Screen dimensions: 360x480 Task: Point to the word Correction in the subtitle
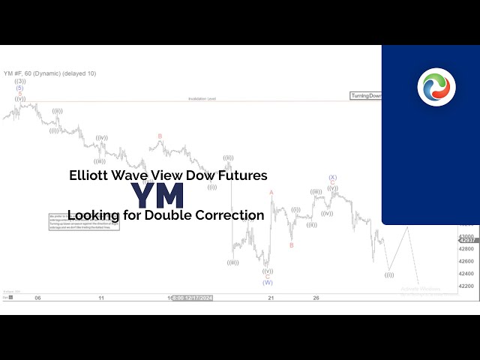point(230,215)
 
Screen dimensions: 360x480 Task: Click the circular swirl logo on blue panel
point(436,86)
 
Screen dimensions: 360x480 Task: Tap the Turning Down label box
point(366,96)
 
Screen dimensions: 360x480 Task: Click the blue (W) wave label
point(267,283)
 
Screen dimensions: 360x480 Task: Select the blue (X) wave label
point(332,178)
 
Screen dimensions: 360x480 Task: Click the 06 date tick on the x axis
point(37,298)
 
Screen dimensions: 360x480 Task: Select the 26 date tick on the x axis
point(316,298)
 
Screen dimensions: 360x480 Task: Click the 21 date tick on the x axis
point(270,298)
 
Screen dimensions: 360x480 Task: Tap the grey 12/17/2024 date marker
point(193,298)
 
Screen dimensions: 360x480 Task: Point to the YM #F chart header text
point(49,73)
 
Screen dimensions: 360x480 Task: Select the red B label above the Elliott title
point(160,136)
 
